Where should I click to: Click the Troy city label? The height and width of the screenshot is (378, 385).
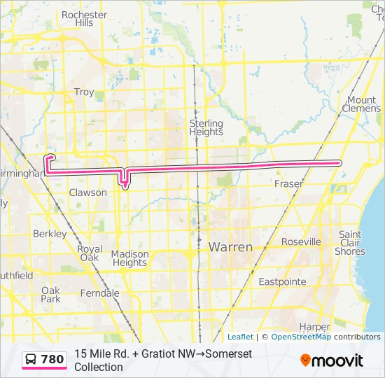coord(84,92)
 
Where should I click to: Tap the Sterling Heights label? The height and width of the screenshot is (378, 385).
coord(206,127)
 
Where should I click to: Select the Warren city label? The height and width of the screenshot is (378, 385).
coord(230,247)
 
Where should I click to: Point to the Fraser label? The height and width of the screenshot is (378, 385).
coord(288,184)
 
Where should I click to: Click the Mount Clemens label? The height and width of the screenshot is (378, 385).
coord(363,104)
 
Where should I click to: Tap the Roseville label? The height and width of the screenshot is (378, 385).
coord(301,241)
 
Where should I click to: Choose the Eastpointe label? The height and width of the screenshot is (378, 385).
coord(283,281)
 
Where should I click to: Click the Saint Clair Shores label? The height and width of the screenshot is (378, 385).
coord(350,243)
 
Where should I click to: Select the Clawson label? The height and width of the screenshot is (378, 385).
coord(88,192)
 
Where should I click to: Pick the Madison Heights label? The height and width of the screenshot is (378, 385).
coord(129,258)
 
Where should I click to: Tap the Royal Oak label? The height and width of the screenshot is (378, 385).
coord(90,253)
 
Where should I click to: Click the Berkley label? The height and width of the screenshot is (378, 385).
coord(50,234)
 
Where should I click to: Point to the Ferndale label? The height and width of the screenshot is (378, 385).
coord(99,293)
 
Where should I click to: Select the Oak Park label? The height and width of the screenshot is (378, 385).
coord(50,294)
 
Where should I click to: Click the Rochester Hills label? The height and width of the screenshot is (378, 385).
coord(84,18)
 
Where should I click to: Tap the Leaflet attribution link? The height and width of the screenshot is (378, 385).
coord(240,337)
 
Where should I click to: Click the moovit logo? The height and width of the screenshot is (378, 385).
coord(332,360)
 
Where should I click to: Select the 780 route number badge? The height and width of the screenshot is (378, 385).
coord(45,360)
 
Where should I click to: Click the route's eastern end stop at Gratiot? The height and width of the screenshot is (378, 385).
coord(339,162)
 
